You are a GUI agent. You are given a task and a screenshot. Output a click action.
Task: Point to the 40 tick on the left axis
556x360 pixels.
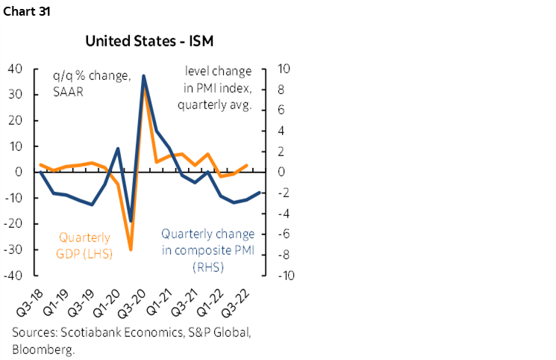click(14, 69)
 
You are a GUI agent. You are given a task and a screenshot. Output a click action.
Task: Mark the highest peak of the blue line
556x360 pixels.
click(143, 75)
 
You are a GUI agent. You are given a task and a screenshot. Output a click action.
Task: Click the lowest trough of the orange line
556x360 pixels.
click(131, 249)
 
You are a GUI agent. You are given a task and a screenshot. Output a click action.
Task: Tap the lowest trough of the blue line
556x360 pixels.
click(131, 221)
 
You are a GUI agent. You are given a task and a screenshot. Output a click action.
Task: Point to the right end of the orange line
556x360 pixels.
click(247, 166)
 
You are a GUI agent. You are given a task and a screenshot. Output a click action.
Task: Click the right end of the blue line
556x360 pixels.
click(260, 193)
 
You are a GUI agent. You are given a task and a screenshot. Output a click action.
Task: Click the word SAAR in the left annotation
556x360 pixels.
click(68, 93)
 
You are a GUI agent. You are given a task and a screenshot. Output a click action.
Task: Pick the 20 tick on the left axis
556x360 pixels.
click(14, 121)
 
